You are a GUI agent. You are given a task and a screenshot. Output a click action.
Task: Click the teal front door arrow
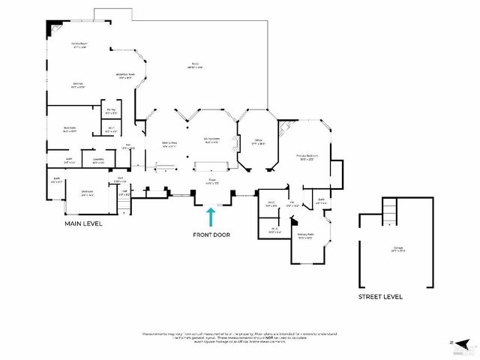[211, 217]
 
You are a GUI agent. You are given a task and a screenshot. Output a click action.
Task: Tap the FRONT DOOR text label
[211, 235]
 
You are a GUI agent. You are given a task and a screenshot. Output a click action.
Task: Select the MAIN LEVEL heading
[82, 223]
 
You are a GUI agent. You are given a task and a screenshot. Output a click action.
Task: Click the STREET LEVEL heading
[381, 297]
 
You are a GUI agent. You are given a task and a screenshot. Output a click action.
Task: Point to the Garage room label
[397, 249]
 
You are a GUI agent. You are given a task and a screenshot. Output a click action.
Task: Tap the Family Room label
[79, 46]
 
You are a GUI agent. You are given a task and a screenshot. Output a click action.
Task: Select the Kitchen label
[78, 85]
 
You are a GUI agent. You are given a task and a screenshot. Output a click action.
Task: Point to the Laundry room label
[98, 160]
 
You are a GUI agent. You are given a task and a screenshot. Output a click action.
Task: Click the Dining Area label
[169, 144]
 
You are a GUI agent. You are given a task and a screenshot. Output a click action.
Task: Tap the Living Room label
[211, 139]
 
